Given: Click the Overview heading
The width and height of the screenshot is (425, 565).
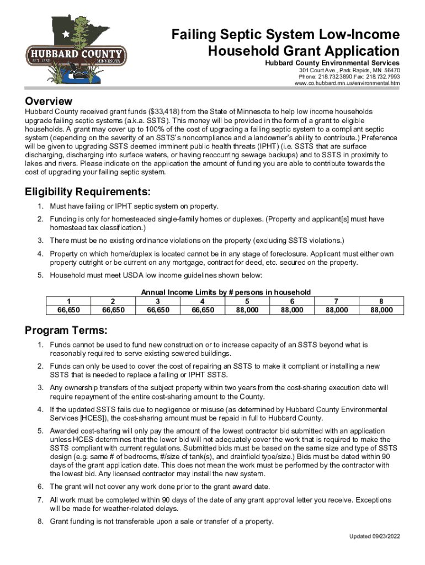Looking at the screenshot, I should [49, 102].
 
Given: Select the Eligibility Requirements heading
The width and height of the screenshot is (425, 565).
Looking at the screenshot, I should [87, 192].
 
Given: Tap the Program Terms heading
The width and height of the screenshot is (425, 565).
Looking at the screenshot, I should [66, 331].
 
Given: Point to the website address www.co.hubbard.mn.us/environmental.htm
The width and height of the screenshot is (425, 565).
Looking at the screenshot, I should [347, 84].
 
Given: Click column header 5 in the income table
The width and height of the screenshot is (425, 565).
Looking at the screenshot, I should [247, 301].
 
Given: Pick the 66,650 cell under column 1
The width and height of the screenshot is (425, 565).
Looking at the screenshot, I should [68, 310].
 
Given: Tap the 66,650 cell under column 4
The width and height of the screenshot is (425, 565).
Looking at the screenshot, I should [203, 310].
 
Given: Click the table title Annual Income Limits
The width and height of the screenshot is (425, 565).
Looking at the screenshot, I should [226, 292].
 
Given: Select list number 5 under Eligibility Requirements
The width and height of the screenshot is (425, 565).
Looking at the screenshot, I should [40, 275].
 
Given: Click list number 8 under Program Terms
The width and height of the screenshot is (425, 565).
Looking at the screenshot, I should [40, 521].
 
